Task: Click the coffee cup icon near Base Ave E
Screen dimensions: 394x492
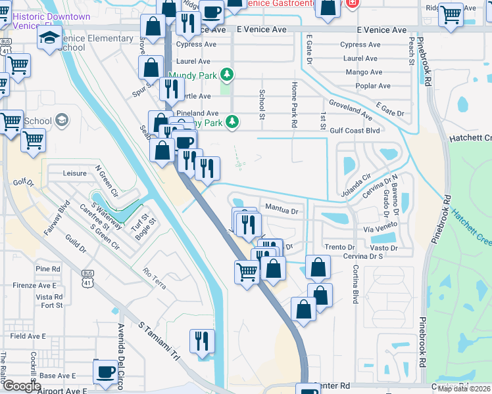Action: click(x=105, y=372)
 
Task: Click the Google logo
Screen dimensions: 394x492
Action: click(x=22, y=386)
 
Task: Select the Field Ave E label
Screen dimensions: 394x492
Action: click(x=28, y=336)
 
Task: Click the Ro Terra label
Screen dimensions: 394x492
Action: click(x=155, y=273)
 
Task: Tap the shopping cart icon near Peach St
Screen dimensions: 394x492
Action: click(x=451, y=14)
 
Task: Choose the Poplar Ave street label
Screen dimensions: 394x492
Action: click(x=372, y=86)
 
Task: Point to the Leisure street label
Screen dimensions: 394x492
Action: click(x=74, y=173)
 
